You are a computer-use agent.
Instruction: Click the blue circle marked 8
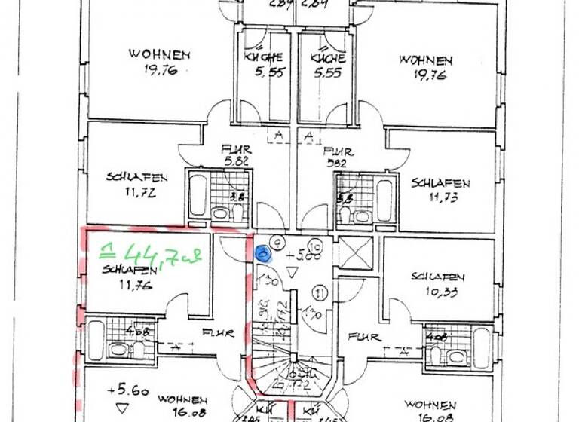pyautogui.click(x=262, y=254)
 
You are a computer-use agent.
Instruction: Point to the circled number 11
pyautogui.click(x=319, y=292)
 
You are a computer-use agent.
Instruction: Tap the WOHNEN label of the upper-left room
pyautogui.click(x=159, y=55)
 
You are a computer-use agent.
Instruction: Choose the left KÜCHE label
pyautogui.click(x=263, y=58)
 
